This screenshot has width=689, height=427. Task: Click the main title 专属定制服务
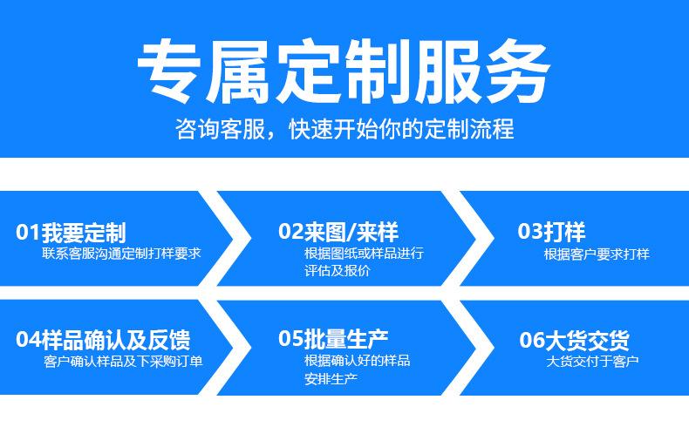coord(344,71)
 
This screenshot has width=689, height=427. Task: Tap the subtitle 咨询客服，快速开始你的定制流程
coord(344,129)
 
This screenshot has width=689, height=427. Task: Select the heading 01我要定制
coord(71,232)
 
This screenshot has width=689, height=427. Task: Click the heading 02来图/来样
coord(338,231)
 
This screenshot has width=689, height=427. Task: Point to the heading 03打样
coord(551,231)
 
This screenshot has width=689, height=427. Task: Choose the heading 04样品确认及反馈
coord(103,339)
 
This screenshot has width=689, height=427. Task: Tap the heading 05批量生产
coord(333,338)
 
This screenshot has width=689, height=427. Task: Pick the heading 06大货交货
coord(574,340)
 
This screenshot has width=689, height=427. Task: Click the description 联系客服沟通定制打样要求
coord(121,254)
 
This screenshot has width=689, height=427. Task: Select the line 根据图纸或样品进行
coord(364,254)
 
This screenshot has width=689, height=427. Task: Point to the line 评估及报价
coord(337,270)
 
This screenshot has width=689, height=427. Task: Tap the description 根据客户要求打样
coord(597,254)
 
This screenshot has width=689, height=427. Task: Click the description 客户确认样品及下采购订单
coord(123,361)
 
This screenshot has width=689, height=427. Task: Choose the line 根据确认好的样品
coord(358,361)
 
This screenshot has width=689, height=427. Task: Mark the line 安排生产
coord(331,379)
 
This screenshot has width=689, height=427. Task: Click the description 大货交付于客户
coord(592,361)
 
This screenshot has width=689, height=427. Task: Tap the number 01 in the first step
coord(28,232)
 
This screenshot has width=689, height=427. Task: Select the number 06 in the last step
coord(532,340)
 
